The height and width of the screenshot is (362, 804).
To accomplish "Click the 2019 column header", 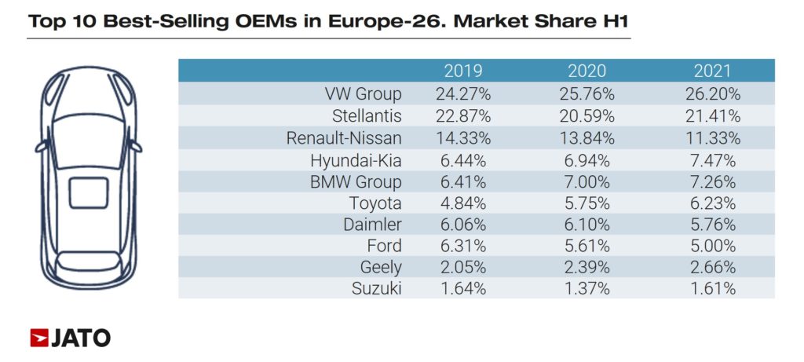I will (x=463, y=71).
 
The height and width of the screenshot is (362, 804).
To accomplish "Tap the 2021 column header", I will (x=712, y=71).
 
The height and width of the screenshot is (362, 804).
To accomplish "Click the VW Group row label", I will (x=364, y=94).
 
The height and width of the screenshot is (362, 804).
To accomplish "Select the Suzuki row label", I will (x=376, y=288).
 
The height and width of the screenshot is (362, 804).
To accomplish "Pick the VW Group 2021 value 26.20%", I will (x=712, y=94).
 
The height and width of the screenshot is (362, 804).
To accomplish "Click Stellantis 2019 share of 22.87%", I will (x=463, y=116).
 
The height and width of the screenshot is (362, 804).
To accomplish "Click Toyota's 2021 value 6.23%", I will (x=712, y=203).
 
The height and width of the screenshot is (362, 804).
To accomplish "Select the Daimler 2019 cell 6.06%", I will (x=463, y=225).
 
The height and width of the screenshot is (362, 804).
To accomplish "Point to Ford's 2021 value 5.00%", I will (x=712, y=246).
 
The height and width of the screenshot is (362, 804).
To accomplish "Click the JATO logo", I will (x=70, y=338).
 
